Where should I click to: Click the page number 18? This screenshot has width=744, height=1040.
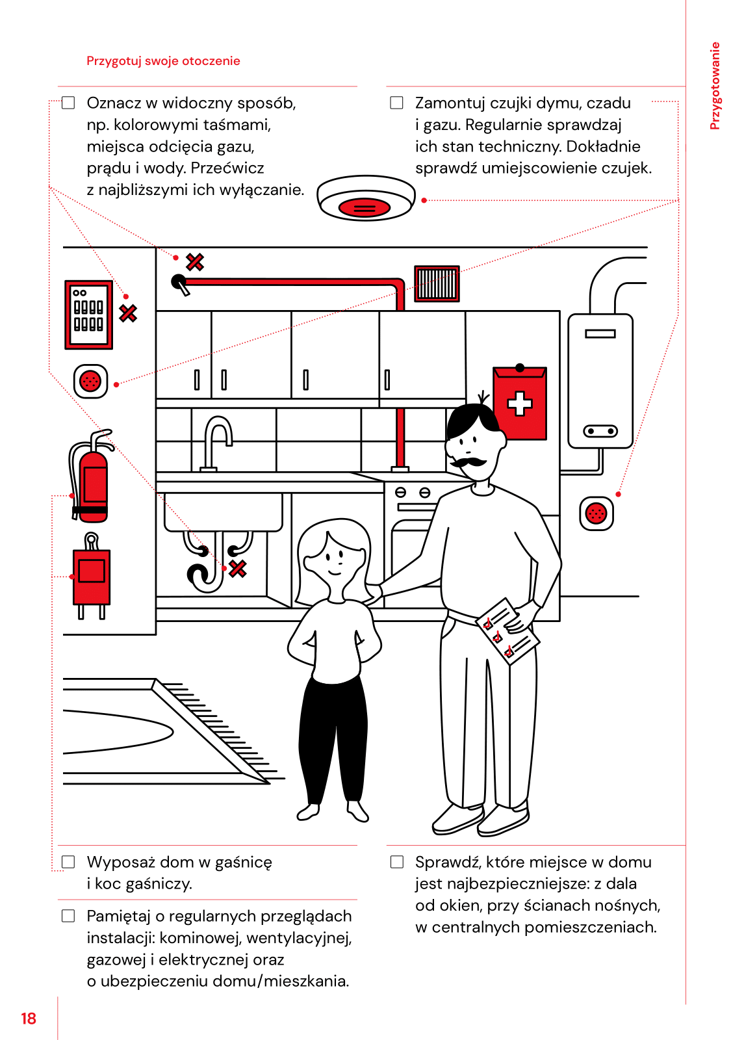(x=29, y=1019)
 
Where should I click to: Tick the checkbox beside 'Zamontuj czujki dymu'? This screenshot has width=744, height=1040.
(x=396, y=103)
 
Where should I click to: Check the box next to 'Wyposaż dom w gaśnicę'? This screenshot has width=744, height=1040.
(x=68, y=862)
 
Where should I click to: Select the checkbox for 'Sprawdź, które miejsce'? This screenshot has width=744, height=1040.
(x=397, y=862)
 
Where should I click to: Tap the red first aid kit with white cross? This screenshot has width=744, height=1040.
(x=520, y=403)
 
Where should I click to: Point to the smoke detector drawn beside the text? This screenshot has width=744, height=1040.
(x=366, y=198)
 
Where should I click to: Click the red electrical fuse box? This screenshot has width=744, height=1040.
(x=89, y=315)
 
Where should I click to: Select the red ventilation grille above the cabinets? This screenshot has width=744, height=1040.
(x=437, y=283)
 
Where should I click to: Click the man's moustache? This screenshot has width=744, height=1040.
(x=468, y=462)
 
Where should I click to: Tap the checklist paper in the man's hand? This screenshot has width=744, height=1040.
(x=507, y=631)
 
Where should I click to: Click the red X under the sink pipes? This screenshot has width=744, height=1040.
(x=238, y=569)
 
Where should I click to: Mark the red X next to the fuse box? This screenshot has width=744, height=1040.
(x=128, y=313)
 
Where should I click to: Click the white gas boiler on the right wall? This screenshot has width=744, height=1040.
(x=600, y=381)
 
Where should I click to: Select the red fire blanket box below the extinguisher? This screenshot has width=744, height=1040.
(x=92, y=575)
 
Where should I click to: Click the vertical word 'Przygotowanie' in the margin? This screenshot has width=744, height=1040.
(x=715, y=86)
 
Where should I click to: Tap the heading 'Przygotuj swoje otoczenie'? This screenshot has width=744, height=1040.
(x=163, y=61)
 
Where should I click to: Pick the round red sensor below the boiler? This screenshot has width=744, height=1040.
(x=596, y=513)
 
